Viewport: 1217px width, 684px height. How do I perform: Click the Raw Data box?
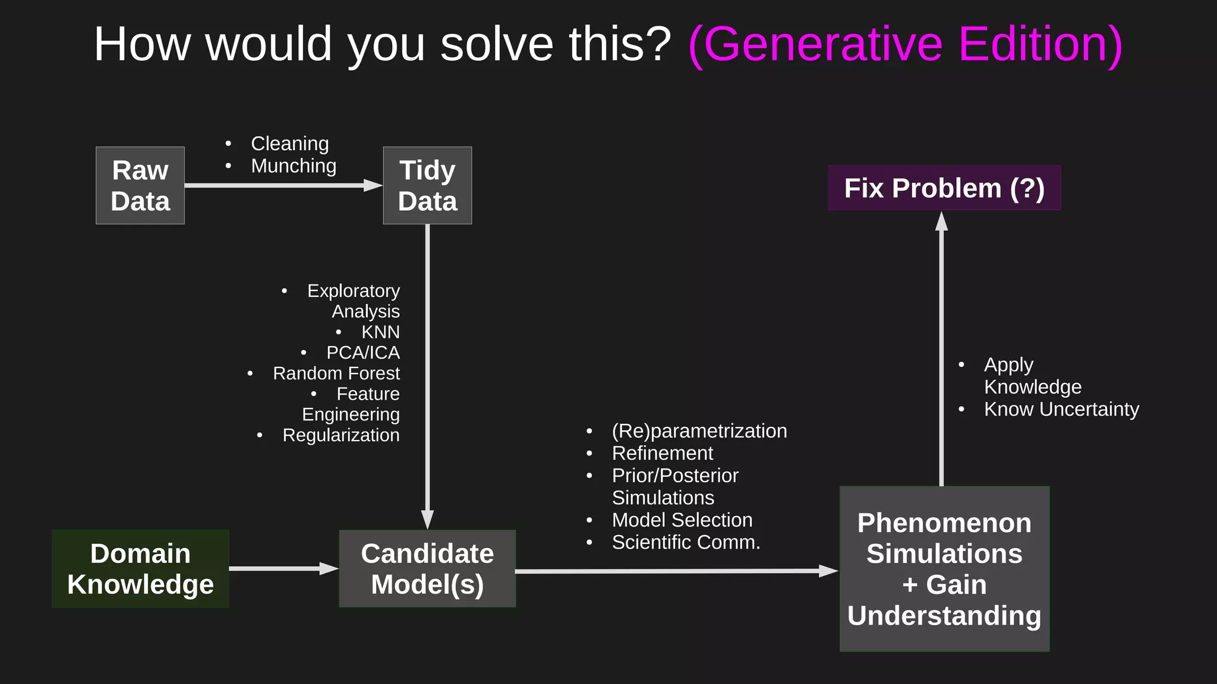pos(140,185)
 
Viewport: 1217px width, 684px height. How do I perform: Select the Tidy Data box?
pos(427,185)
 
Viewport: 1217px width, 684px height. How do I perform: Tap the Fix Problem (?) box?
pos(944,188)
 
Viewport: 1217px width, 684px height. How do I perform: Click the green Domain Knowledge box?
pos(140,569)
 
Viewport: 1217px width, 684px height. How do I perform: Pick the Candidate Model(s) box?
pos(427,569)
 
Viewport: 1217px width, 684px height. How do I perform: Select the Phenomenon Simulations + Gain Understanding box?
pos(944,569)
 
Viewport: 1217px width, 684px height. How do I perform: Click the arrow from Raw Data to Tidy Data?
pos(279,185)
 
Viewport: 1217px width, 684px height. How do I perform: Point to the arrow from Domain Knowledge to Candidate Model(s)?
pos(279,569)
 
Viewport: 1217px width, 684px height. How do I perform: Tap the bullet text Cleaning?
pos(289,144)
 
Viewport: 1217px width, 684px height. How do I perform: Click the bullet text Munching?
pos(294,166)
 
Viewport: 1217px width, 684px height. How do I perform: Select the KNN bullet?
pos(380,332)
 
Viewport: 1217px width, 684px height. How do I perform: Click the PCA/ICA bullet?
pos(362,353)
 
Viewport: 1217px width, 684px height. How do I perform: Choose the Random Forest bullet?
pos(336,373)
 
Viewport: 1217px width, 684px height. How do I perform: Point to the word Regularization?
pos(340,435)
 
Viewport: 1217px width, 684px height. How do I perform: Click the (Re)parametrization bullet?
pos(699,431)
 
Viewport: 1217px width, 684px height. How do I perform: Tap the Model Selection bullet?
pos(682,520)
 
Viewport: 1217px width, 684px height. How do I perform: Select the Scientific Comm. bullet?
pos(686,542)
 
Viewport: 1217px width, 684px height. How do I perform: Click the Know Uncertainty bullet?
pos(1061,409)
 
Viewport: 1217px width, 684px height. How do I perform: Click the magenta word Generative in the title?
pos(823,45)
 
